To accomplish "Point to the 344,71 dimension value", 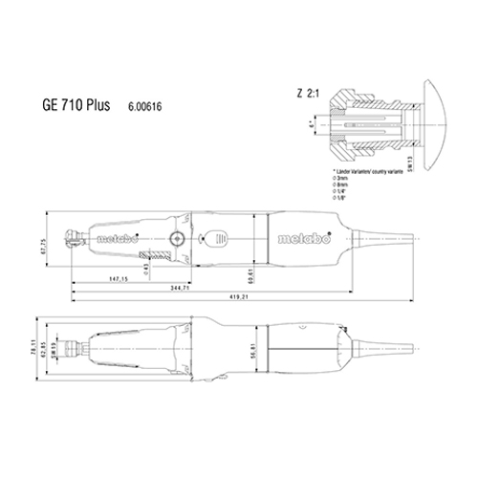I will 179,288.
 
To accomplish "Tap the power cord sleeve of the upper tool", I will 383,235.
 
